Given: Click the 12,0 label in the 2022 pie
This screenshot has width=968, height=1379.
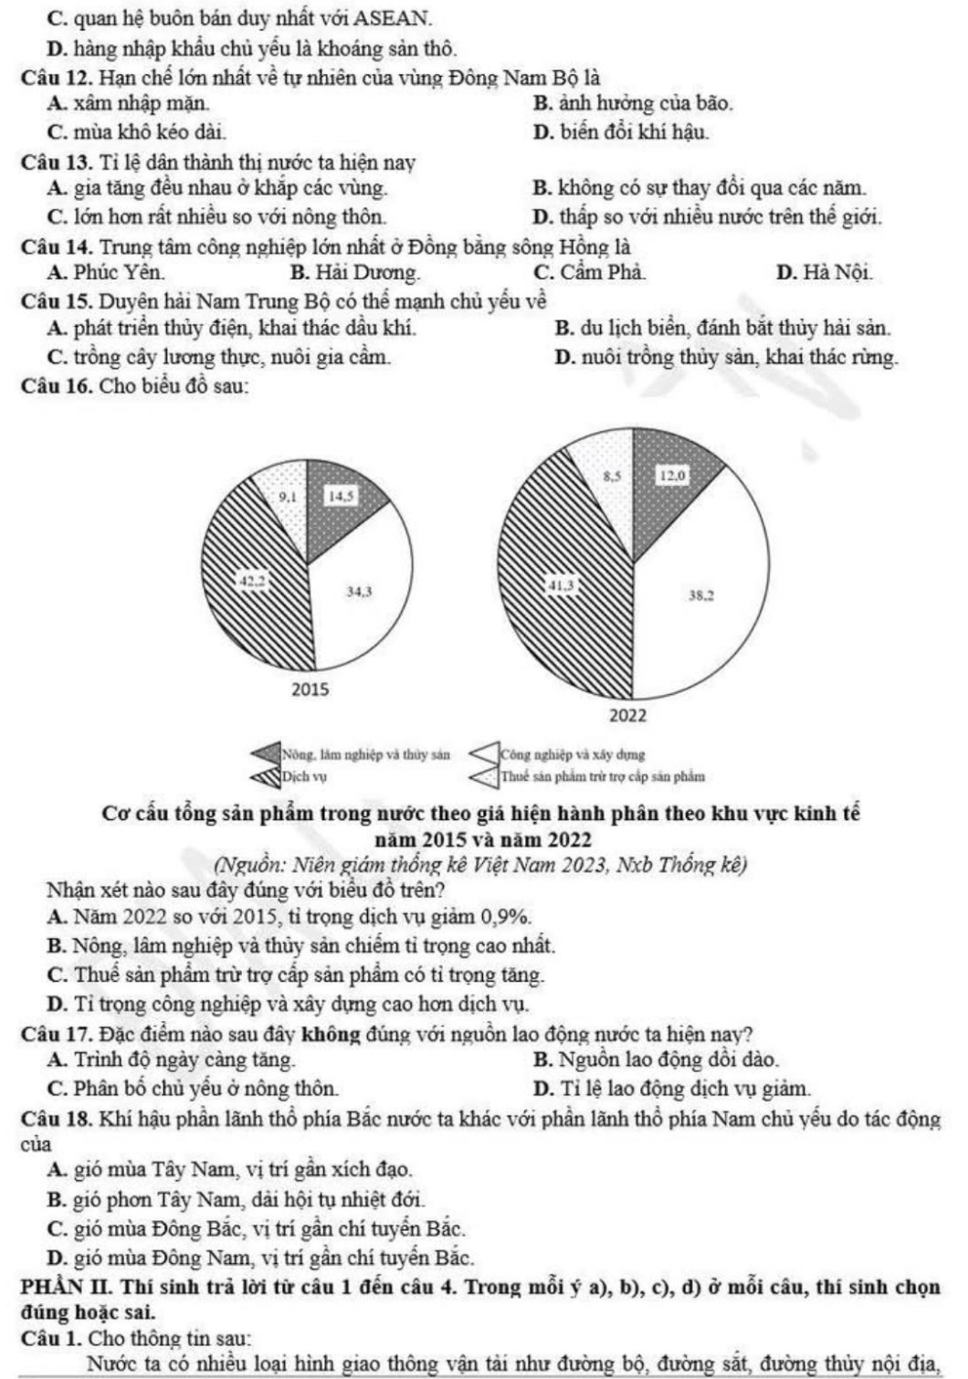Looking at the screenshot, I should (x=673, y=475).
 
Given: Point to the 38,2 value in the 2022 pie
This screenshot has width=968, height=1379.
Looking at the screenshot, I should (x=700, y=595).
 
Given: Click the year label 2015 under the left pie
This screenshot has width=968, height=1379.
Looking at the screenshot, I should (x=310, y=689).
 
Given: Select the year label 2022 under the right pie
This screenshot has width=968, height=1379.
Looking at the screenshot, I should (x=628, y=716).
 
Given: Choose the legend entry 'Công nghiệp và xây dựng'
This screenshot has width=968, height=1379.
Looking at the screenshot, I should (x=572, y=755).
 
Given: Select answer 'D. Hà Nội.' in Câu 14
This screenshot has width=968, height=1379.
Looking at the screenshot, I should (x=824, y=272).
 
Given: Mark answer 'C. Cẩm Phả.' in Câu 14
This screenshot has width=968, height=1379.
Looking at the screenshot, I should (x=591, y=272).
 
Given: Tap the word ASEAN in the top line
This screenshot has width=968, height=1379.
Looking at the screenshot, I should (x=393, y=17).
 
